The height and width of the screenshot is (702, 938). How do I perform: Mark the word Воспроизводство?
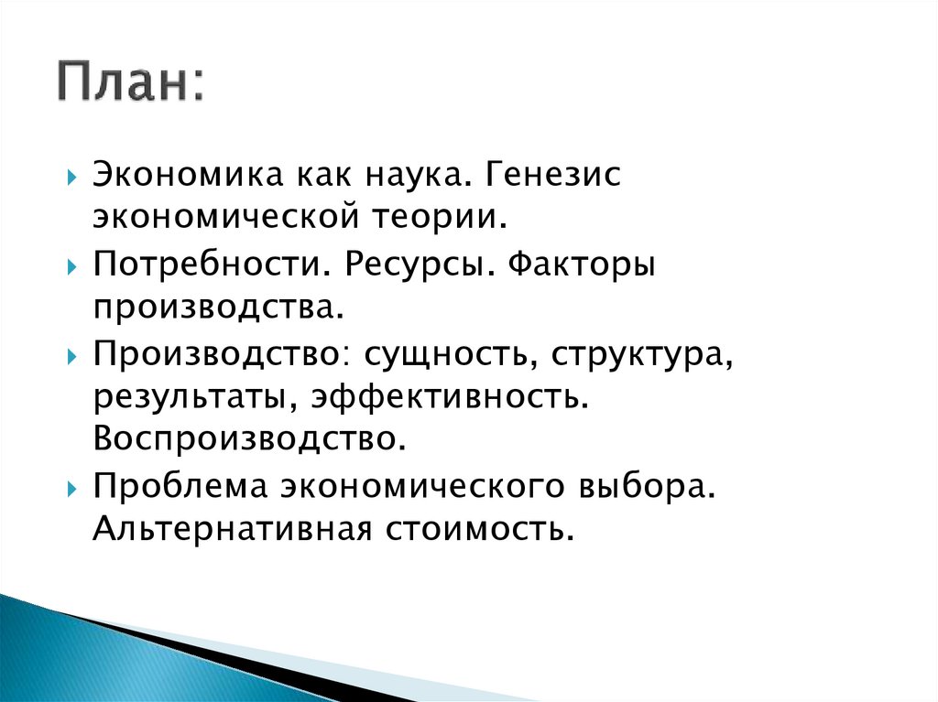point(247,439)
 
